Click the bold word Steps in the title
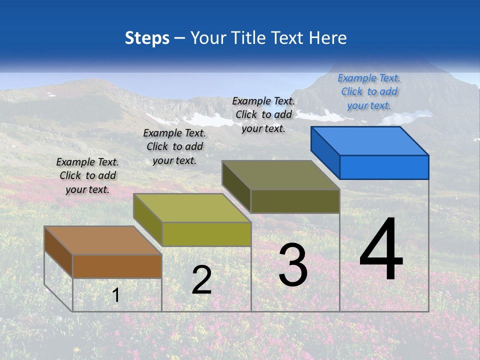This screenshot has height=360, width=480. click(x=147, y=38)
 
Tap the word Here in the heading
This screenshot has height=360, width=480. click(x=328, y=38)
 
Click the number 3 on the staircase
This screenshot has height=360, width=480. click(x=293, y=265)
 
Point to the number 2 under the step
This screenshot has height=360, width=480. click(x=201, y=280)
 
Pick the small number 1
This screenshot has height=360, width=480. click(x=116, y=295)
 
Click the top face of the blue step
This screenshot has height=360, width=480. click(x=370, y=140)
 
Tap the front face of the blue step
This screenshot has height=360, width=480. click(x=384, y=167)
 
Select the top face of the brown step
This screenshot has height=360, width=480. click(x=103, y=240)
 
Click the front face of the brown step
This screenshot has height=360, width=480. click(x=117, y=266)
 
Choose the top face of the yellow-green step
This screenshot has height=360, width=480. click(x=192, y=207)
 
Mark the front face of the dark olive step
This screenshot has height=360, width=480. click(x=295, y=201)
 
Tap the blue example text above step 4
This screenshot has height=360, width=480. click(x=369, y=91)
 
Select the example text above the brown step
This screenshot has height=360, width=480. click(x=87, y=175)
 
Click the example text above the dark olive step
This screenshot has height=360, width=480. click(x=263, y=114)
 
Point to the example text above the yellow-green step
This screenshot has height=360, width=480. click(x=174, y=146)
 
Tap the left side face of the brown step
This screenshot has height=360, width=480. click(x=58, y=251)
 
